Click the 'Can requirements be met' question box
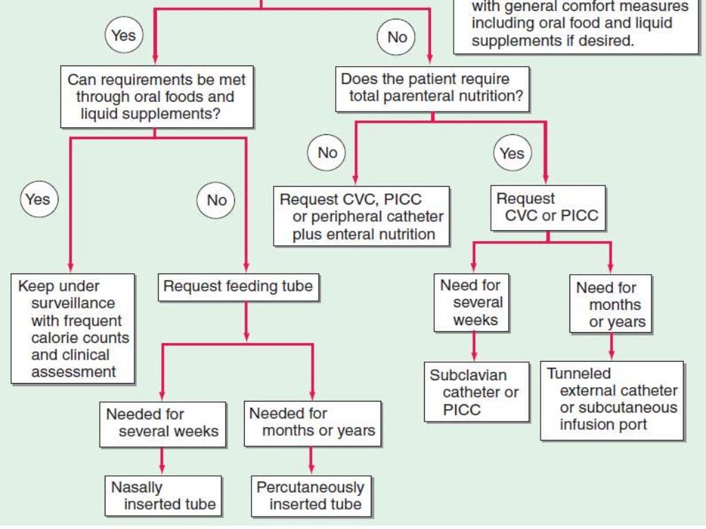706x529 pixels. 156,96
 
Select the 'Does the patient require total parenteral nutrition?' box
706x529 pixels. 432,88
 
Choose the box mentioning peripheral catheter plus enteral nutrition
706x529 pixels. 361,216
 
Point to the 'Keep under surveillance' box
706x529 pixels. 72,329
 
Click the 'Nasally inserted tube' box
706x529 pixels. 163,495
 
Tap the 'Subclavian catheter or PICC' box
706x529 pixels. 476,393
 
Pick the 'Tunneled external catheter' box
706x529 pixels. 612,400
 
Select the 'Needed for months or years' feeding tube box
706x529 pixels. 312,423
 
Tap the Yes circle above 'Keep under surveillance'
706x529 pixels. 38,199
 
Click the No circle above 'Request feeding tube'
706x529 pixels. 216,200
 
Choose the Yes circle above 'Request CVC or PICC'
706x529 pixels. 512,153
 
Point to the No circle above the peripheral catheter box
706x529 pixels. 327,152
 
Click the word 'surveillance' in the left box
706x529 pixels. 73,303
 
